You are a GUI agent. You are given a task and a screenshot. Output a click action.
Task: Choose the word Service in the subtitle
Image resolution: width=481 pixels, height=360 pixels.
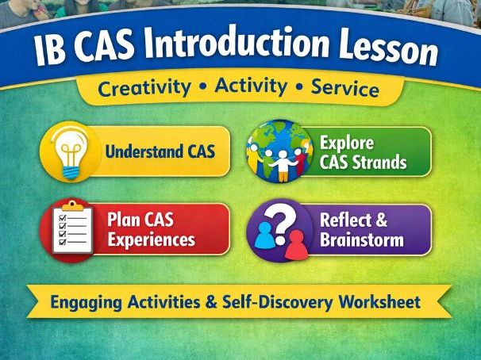[x=344, y=86]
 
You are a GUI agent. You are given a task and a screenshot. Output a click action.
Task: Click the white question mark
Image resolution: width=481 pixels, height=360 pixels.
[x=283, y=215]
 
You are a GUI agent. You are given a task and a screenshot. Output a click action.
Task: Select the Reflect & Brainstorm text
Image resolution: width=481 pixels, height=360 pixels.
[x=361, y=230]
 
